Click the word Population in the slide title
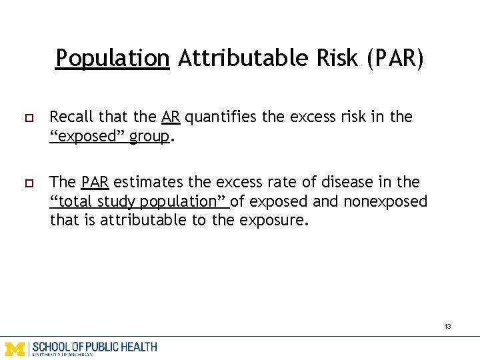click(112, 59)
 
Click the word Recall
click(71, 117)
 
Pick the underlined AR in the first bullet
click(171, 117)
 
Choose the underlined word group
click(150, 137)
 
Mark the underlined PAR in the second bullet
click(95, 182)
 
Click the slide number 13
click(447, 327)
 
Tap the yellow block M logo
click(15, 347)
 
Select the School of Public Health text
click(95, 347)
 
